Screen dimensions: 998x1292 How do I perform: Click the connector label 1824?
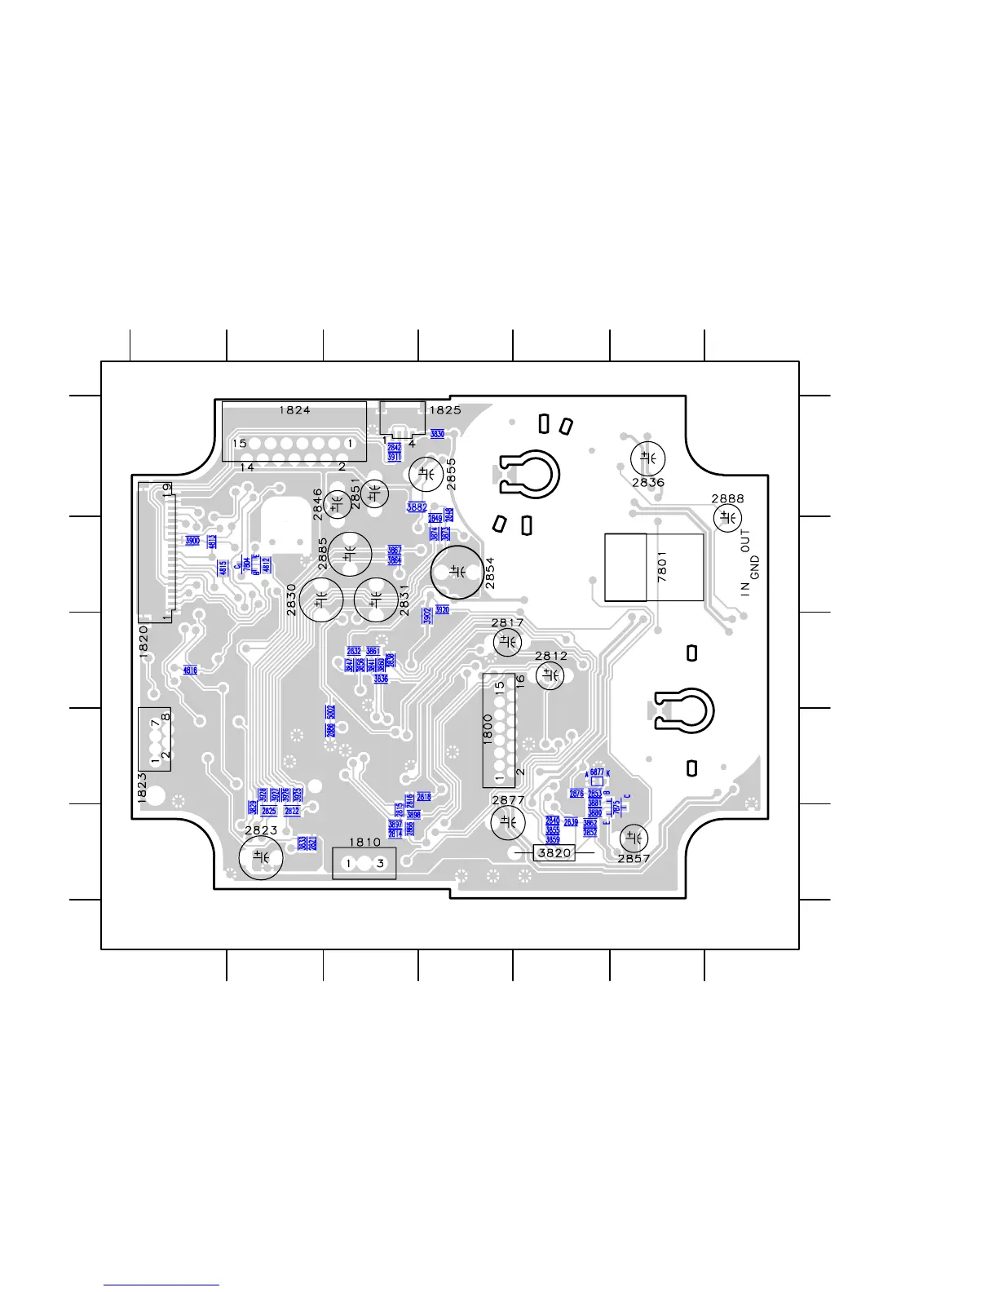click(x=294, y=410)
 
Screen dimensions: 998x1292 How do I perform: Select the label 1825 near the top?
click(x=445, y=410)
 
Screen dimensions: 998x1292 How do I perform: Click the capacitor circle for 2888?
click(x=727, y=518)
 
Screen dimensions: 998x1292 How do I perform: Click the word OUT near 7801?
click(x=745, y=542)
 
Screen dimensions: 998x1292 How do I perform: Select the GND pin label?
click(x=755, y=568)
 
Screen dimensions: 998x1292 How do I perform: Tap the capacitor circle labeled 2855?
click(x=426, y=473)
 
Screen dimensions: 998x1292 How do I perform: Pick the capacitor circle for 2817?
click(x=507, y=643)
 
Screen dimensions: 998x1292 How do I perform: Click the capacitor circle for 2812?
click(x=550, y=675)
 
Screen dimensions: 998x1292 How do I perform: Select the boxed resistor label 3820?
click(x=554, y=852)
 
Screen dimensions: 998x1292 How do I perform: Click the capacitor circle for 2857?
click(x=634, y=838)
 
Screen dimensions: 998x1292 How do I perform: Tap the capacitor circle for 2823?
click(x=261, y=857)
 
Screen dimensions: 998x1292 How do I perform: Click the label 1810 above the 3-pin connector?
click(x=364, y=843)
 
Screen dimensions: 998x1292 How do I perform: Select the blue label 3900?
click(x=192, y=541)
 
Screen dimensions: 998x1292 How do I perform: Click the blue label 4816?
click(x=190, y=670)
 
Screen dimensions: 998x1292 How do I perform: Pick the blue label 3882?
click(x=417, y=507)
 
